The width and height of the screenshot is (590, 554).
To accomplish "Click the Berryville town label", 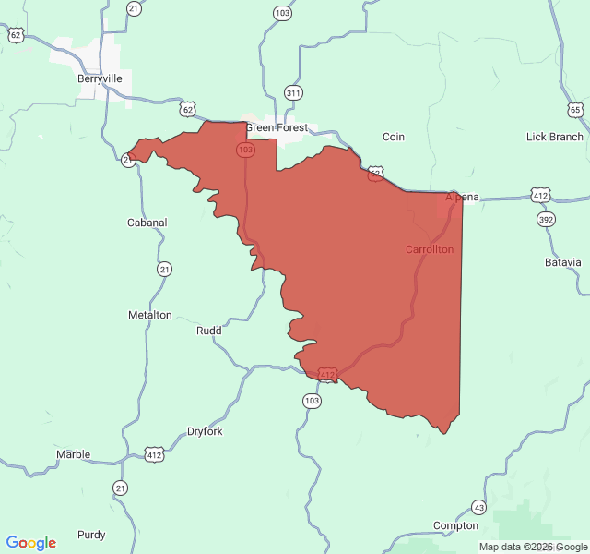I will coord(100,78).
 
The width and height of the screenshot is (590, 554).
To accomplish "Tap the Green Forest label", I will coord(277,128).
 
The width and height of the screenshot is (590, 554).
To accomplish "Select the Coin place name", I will coord(394,137).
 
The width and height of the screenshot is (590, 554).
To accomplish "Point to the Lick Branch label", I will coord(554,137).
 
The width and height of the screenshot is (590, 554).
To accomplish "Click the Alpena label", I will coord(463,198).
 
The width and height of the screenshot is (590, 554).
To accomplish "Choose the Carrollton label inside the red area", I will coord(430,249).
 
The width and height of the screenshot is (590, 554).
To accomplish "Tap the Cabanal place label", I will coord(147,223).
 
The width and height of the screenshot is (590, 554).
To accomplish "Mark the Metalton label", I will coord(149,315).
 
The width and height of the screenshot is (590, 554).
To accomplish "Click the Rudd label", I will coord(209,331).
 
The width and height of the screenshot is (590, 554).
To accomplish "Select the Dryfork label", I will coord(205,431).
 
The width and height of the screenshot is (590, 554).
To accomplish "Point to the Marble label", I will coord(73,454).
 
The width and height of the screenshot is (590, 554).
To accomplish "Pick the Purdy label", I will coord(91,535).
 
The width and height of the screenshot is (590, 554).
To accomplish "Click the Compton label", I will coord(456,525).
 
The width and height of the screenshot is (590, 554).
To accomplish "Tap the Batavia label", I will coord(563,262).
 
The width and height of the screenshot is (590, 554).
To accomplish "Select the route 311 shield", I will coord(293,92).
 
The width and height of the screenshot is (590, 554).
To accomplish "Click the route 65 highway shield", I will coord(576,110).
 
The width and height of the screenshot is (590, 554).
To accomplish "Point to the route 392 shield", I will coord(546,220).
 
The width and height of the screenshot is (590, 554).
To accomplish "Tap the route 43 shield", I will coord(478,507).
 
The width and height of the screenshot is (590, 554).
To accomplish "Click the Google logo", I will coord(31,543).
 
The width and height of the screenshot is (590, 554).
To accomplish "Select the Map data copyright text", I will coord(533,547).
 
